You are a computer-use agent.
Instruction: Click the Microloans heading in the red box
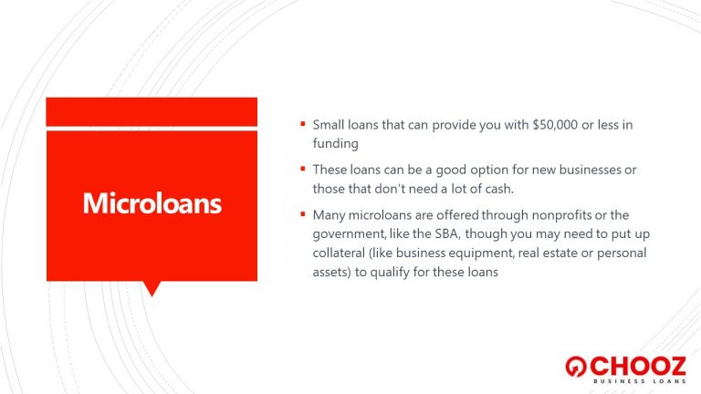[152, 203]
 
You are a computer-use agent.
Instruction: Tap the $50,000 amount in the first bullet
[555, 125]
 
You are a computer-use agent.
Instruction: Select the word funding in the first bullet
[335, 144]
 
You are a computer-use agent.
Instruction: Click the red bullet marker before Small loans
[303, 124]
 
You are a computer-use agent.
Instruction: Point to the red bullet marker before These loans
[303, 169]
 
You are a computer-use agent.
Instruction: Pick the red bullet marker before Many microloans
[303, 214]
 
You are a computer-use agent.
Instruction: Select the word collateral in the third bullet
[339, 253]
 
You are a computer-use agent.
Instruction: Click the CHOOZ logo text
[638, 367]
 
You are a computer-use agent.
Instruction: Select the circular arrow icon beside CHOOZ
[576, 367]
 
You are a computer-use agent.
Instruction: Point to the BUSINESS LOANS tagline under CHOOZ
[640, 381]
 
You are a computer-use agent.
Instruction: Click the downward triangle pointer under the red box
[152, 288]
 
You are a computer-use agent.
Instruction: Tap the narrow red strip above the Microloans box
[152, 111]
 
